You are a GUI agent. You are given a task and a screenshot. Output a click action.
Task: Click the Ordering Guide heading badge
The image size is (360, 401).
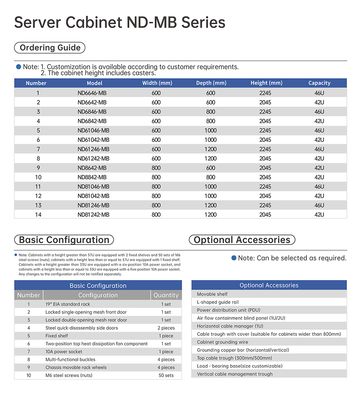[50, 48]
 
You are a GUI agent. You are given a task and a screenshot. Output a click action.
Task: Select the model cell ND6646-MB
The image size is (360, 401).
[92, 93]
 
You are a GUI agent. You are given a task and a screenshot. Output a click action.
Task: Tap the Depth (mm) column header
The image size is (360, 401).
[211, 83]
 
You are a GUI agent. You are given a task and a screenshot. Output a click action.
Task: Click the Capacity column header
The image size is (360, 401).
[319, 83]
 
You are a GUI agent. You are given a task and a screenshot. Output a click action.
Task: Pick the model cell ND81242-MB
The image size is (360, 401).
[93, 215]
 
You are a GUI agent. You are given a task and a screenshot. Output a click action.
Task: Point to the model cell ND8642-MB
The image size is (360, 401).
[92, 168]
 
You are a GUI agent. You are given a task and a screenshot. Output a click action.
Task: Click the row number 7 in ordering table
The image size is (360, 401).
[38, 149]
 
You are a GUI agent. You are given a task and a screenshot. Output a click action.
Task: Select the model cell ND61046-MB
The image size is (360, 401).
[93, 130]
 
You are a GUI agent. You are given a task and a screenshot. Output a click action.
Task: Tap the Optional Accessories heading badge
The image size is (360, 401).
[242, 240]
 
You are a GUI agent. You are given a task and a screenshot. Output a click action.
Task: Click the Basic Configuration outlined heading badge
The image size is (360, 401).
[64, 240]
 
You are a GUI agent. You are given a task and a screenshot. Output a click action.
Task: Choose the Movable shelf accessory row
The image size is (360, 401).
[212, 294]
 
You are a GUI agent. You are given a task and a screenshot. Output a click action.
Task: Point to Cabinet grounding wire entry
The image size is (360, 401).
[223, 342]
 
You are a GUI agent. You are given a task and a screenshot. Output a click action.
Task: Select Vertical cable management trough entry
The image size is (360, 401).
[235, 374]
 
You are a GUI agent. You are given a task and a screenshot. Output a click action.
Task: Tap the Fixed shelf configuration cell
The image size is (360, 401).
[57, 336]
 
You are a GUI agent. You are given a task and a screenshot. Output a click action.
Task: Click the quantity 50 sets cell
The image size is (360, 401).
[166, 375]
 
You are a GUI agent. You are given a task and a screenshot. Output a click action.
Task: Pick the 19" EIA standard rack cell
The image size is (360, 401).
[68, 304]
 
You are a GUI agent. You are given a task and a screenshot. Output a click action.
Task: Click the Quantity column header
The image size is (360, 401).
[166, 295]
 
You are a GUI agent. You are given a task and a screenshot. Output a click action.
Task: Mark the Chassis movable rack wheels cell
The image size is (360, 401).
[76, 367]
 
